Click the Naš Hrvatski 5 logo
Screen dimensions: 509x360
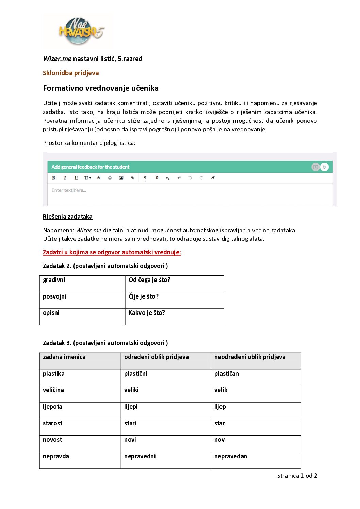click(80, 31)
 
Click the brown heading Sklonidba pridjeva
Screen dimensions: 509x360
click(71, 73)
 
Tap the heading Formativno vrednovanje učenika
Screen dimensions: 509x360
click(101, 88)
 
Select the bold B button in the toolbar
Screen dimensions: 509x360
click(54, 178)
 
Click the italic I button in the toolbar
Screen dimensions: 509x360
click(65, 178)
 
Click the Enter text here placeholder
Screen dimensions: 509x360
click(69, 190)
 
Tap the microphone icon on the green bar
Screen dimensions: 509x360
click(324, 167)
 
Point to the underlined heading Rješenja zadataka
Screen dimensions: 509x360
click(68, 217)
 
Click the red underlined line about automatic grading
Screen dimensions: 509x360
click(112, 252)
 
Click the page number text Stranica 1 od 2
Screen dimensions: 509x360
click(297, 476)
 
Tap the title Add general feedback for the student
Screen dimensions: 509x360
click(91, 167)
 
